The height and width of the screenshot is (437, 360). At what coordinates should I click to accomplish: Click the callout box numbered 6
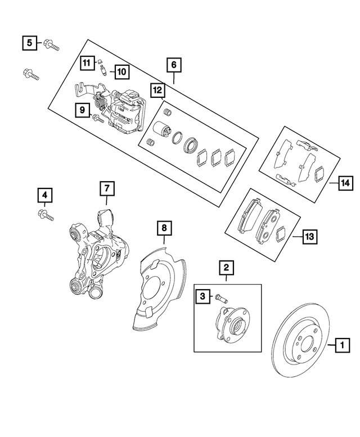(174, 65)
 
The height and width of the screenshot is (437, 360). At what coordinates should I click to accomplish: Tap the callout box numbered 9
(82, 111)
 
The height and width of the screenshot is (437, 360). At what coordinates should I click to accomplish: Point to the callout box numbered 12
(157, 89)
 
